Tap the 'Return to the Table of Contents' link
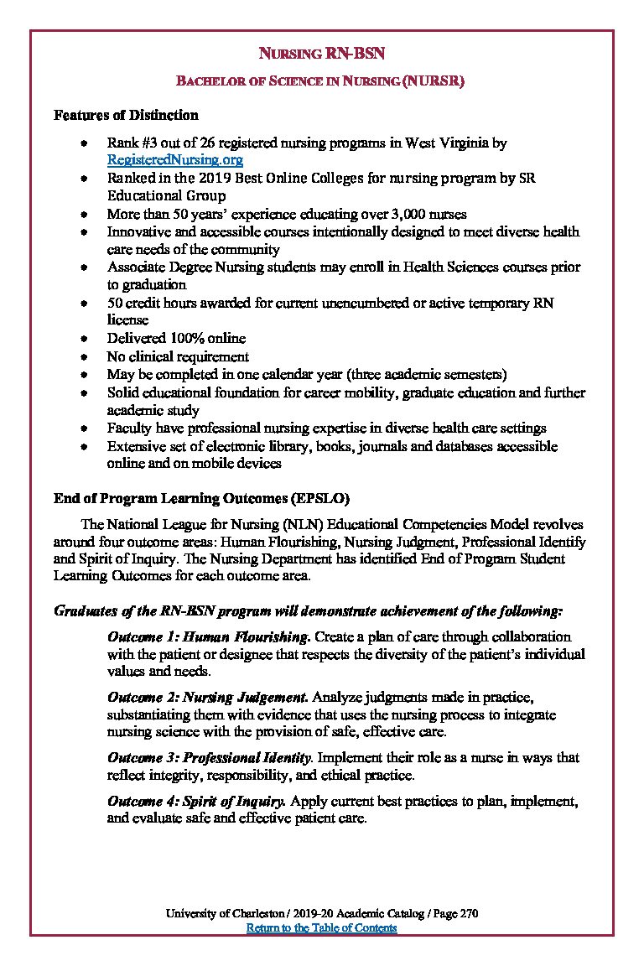(321, 927)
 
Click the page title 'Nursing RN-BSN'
(321, 55)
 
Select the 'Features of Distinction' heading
(126, 115)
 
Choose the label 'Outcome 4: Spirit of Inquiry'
(197, 801)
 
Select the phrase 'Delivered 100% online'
(176, 338)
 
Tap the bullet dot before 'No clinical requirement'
(84, 356)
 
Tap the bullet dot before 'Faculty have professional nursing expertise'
(84, 428)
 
